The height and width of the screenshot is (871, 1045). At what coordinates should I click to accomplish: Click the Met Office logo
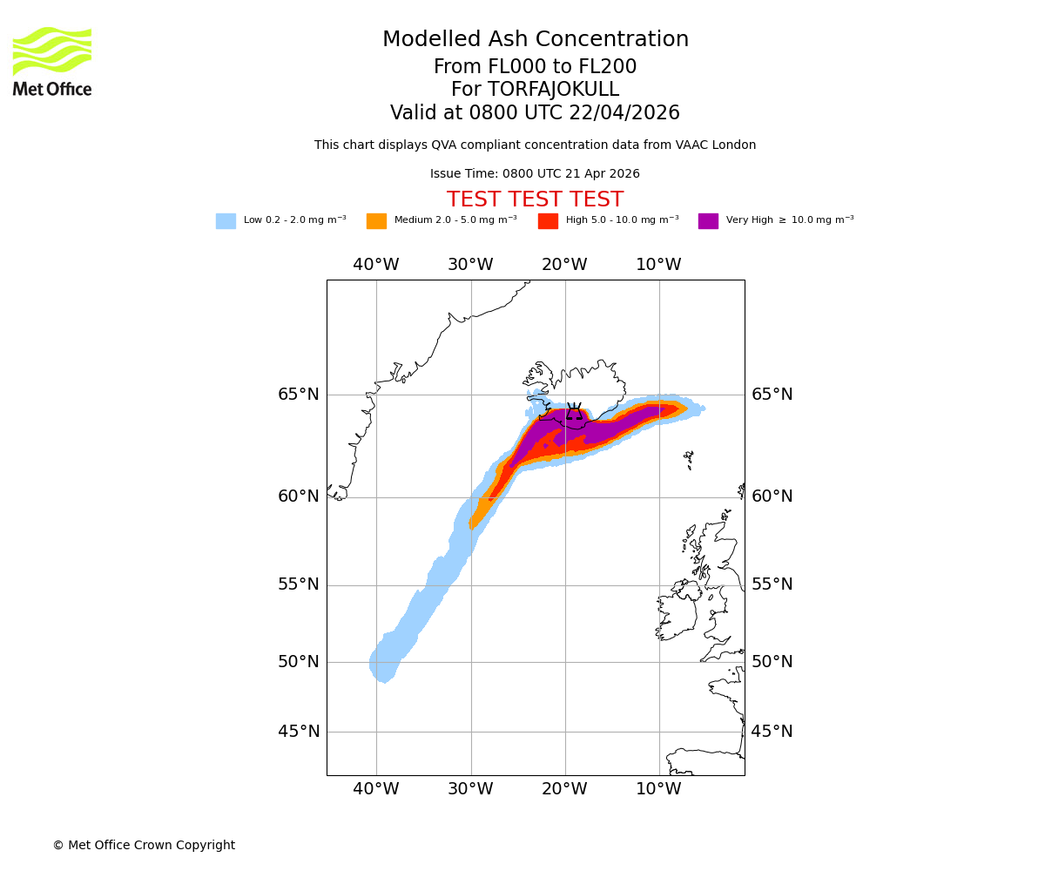click(52, 61)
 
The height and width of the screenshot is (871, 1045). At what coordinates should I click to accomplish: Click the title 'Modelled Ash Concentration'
click(535, 40)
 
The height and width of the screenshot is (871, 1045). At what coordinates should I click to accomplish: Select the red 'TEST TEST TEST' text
click(535, 199)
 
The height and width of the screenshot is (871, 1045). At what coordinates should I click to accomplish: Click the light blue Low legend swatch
click(226, 221)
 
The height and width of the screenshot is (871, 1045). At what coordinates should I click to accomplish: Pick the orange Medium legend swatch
click(376, 221)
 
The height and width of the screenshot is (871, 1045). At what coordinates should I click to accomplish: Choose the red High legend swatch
click(548, 221)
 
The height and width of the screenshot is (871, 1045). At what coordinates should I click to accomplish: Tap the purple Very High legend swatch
click(708, 221)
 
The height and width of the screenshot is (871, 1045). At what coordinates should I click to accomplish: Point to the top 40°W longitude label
click(376, 265)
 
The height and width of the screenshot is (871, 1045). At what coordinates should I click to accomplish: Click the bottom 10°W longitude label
click(658, 789)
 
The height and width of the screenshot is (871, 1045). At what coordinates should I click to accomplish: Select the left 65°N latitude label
click(299, 395)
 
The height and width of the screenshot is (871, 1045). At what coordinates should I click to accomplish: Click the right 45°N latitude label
click(772, 732)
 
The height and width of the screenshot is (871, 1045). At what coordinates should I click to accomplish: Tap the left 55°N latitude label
click(299, 584)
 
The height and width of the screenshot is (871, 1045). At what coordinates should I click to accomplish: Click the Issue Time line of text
click(535, 174)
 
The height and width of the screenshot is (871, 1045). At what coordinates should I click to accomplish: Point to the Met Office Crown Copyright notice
click(144, 845)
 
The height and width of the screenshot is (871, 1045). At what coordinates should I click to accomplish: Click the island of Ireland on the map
click(677, 614)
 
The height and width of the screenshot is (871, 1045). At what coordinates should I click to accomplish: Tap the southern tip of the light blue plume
click(384, 678)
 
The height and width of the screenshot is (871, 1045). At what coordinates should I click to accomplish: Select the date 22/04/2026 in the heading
click(624, 113)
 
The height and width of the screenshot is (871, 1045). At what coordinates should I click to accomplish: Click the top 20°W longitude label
click(564, 265)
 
